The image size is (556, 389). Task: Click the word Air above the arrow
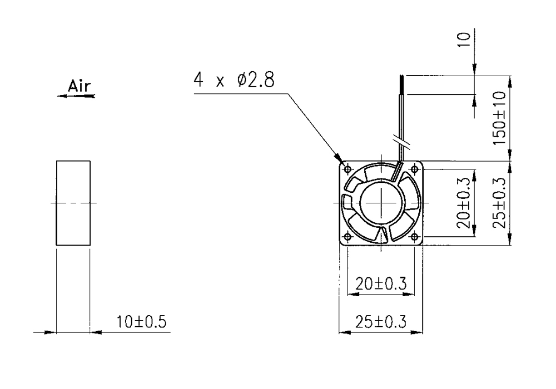point(79,86)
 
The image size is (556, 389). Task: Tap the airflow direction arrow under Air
point(76,96)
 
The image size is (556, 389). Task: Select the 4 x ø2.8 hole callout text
point(234,79)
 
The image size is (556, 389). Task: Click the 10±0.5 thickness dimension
point(141,322)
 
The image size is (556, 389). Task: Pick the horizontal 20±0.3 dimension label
point(380,283)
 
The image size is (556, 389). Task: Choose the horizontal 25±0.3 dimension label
point(380,322)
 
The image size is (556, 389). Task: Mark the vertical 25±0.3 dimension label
point(500,203)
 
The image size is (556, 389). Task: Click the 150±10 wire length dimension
point(500,118)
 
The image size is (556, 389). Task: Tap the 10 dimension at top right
point(464,39)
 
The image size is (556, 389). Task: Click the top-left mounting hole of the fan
point(348,169)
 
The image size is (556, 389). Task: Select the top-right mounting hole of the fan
point(415,169)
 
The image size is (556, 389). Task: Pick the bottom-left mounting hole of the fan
point(348,236)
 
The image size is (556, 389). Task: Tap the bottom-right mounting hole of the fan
point(415,236)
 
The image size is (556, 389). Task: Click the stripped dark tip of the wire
point(402,84)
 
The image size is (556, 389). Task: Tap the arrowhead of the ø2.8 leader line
point(338,158)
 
